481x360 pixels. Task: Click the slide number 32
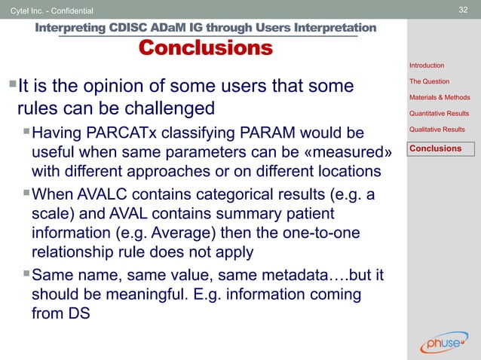coord(464,10)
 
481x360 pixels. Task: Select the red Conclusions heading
coord(205,49)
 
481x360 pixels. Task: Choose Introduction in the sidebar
coord(427,66)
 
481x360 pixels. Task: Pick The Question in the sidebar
coord(429,81)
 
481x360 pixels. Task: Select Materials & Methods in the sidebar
coord(440,97)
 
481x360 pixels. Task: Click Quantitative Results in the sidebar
coord(439,114)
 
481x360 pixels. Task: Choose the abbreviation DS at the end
coord(77,314)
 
